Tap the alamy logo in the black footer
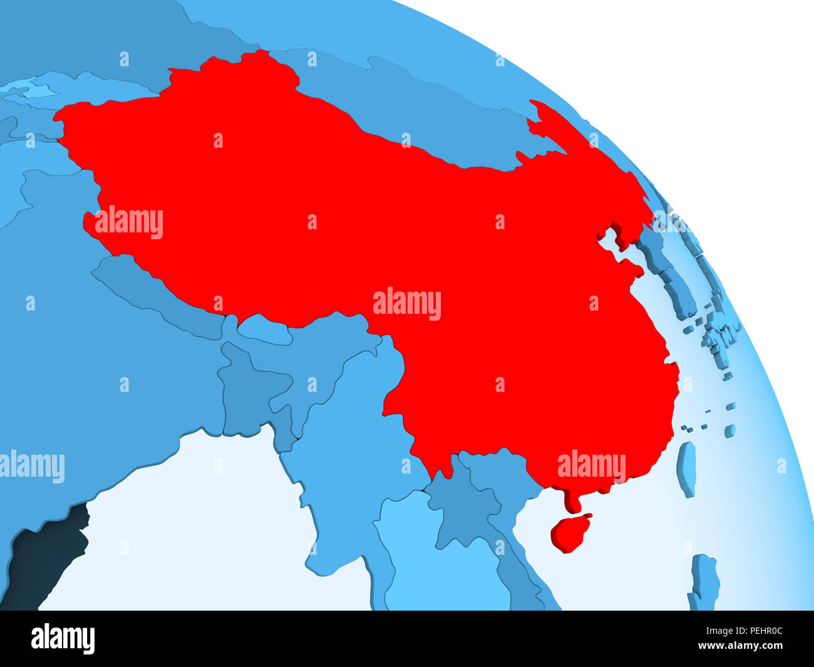(63, 639)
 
